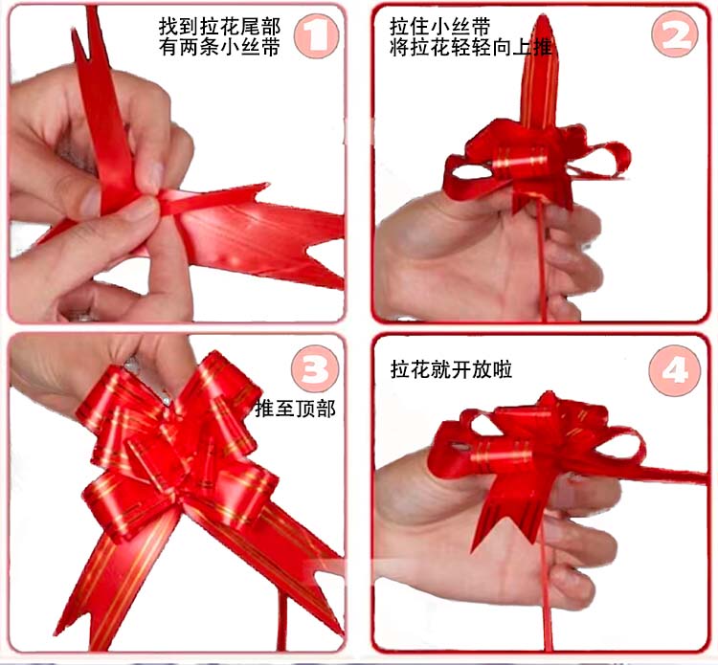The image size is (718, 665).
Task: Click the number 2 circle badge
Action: (x=677, y=36)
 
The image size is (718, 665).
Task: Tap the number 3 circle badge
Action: (x=316, y=371)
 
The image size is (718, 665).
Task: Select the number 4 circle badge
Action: (x=677, y=369)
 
